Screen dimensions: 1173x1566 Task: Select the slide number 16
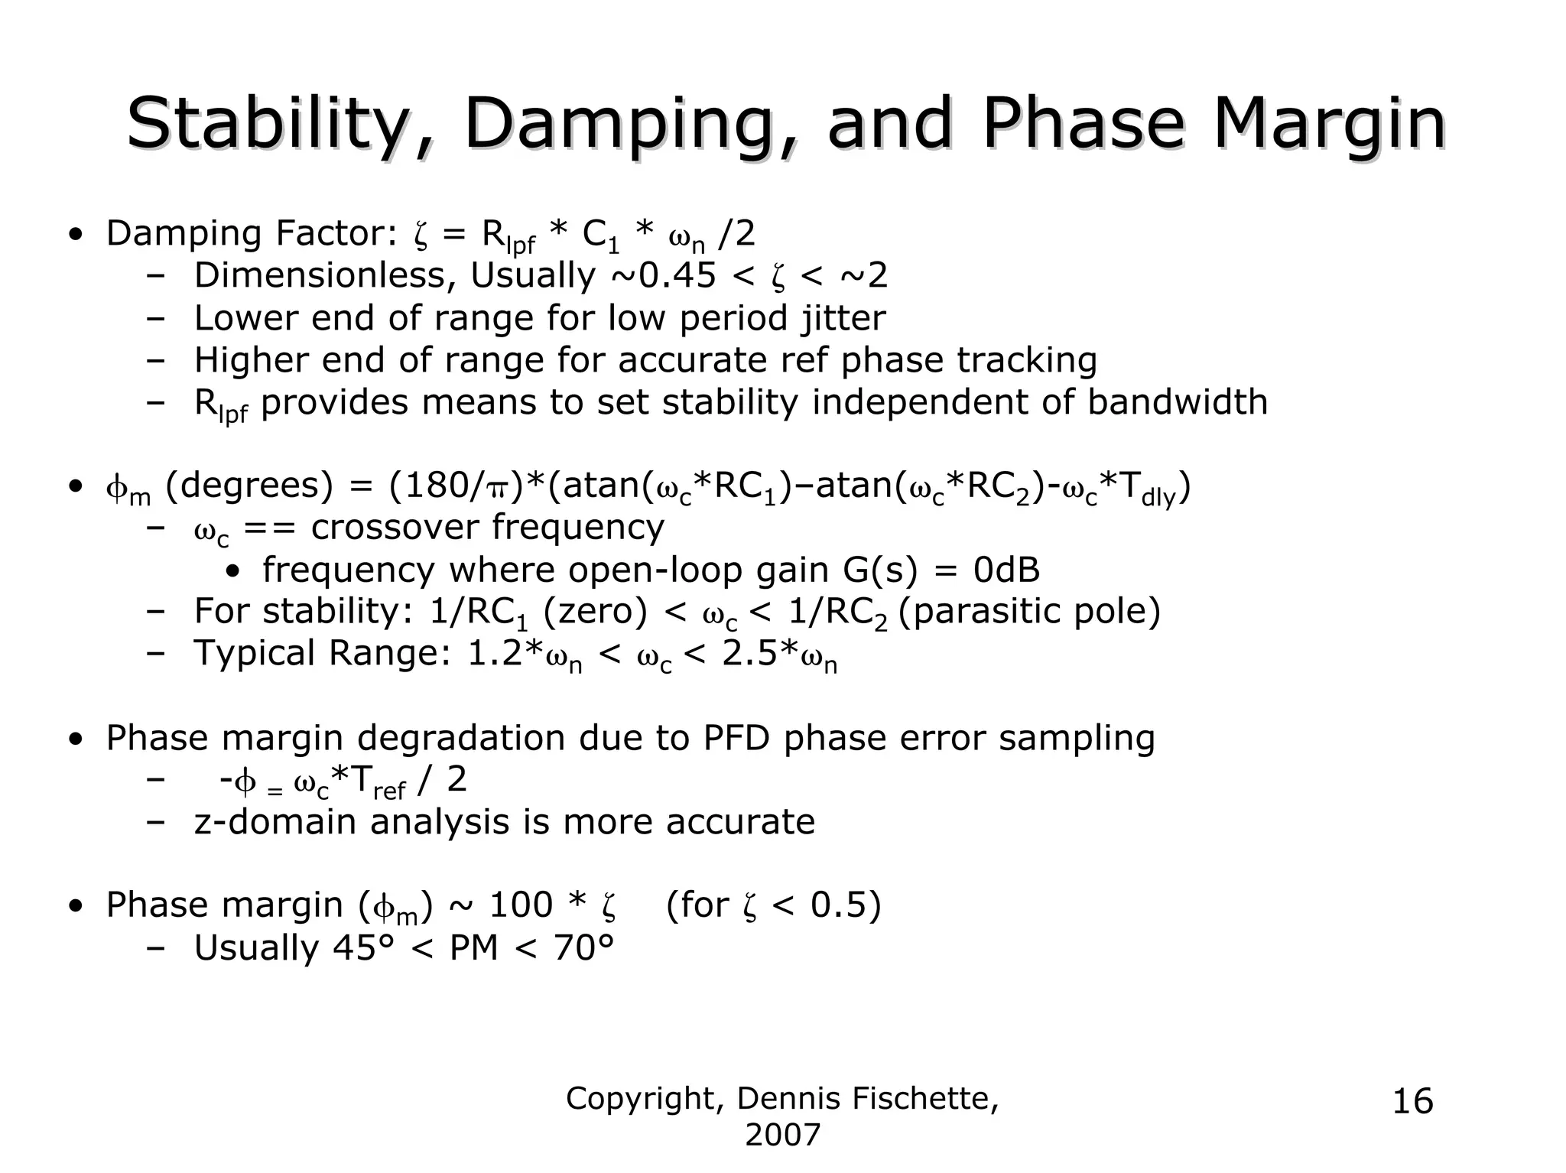[1413, 1102]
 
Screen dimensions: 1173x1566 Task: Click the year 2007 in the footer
[782, 1135]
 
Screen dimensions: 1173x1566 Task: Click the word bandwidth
[1177, 401]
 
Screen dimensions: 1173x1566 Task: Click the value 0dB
[1006, 570]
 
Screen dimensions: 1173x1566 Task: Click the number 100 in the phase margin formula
[520, 905]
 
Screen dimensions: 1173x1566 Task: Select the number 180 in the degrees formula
[432, 486]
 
